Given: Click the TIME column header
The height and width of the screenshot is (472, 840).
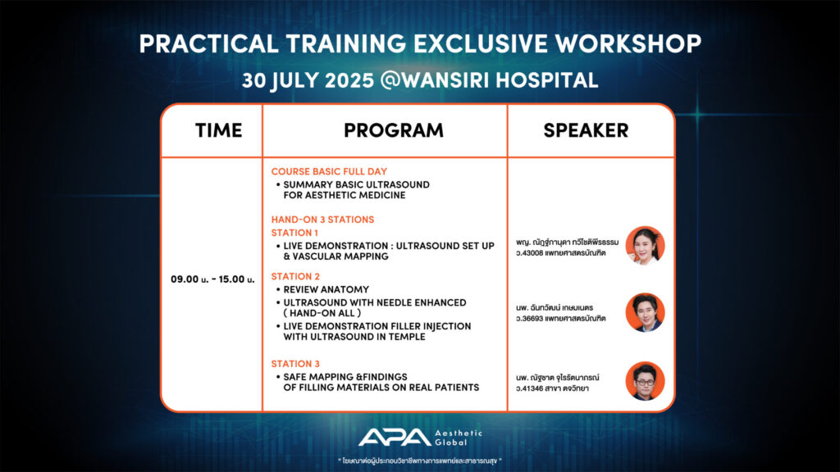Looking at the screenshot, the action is click(218, 130).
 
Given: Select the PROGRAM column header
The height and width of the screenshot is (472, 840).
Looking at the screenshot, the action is click(394, 130).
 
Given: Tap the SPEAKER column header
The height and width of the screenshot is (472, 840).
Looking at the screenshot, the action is click(586, 130).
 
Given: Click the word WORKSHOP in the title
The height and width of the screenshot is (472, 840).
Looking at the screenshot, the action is click(628, 44).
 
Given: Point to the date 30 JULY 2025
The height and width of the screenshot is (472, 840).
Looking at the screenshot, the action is click(308, 81).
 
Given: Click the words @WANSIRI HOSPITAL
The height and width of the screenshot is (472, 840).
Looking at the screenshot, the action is click(489, 80).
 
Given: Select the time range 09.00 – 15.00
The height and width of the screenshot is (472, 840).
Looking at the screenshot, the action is click(212, 279).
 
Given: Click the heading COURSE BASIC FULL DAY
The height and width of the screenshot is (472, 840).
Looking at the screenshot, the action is click(329, 171).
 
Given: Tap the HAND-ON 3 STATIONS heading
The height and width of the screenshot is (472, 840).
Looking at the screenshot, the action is click(322, 220).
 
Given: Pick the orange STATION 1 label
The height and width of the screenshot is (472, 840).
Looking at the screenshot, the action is click(294, 233).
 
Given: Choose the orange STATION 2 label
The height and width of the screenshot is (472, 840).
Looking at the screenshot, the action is click(295, 276).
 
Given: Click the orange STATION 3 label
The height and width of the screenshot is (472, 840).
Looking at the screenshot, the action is click(295, 364).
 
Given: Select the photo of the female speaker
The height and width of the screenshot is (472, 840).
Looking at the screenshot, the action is click(645, 246).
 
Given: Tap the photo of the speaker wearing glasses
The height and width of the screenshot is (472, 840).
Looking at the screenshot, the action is click(645, 381).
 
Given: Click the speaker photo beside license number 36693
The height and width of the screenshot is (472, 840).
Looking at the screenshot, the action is click(645, 312).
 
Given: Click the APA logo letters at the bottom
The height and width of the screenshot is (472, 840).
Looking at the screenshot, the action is click(395, 438).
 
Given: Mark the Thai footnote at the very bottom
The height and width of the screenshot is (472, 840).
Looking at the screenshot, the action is click(419, 461).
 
